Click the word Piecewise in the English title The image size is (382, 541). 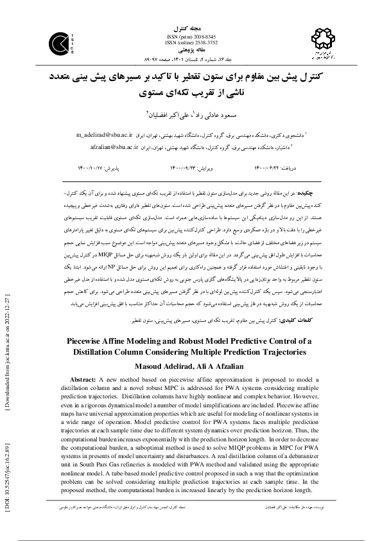coord(95,342)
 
